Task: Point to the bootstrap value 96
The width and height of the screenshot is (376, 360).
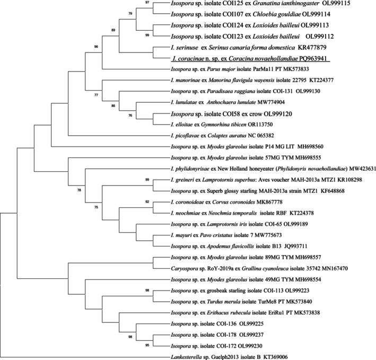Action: [x=96, y=47]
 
